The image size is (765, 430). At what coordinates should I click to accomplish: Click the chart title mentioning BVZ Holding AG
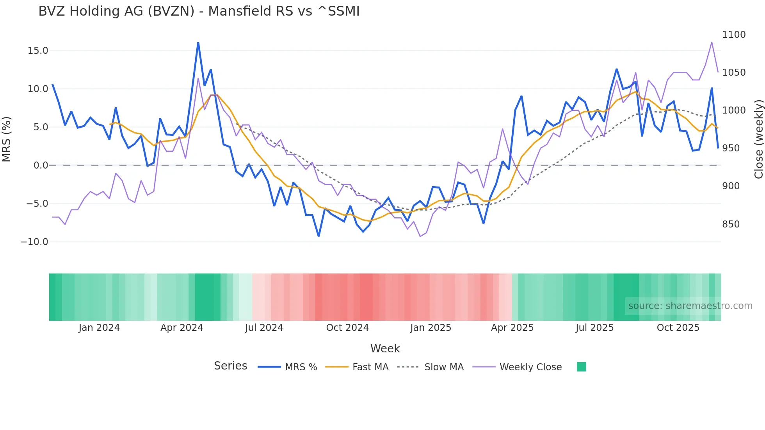pos(199,11)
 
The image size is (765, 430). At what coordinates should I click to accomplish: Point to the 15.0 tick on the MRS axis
pos(38,51)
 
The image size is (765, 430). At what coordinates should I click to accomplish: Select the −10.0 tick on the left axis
pos(34,242)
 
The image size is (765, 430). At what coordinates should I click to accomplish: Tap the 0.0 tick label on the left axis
pos(41,165)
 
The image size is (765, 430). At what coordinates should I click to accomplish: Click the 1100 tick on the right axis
pos(733,35)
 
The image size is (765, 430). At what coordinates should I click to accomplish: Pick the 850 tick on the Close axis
pos(731,224)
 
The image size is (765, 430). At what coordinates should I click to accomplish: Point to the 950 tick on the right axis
pos(731,148)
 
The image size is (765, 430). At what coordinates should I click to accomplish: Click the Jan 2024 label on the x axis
pos(99,328)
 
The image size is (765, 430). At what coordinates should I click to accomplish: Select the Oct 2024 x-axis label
pos(347,328)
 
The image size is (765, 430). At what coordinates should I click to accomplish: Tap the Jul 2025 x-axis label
pos(594,328)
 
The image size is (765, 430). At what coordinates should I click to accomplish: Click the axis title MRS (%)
pos(7,139)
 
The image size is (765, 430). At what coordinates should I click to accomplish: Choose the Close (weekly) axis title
pos(758,139)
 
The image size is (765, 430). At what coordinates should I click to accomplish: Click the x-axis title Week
pos(385,348)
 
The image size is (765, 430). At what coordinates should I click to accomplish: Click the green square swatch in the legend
pos(581,367)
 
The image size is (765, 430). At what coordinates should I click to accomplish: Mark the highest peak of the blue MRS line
pos(198,43)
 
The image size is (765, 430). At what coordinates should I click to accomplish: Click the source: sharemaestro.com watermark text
pos(690,306)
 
